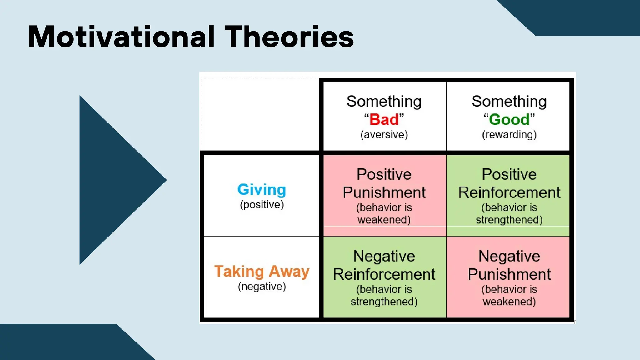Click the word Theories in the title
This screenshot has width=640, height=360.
(289, 37)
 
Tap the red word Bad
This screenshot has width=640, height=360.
(384, 120)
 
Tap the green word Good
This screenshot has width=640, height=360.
(509, 120)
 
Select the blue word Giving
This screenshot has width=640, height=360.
(262, 190)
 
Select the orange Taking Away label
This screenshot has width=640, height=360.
(262, 271)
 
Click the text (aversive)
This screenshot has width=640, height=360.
(384, 135)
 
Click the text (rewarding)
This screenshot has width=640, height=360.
(509, 135)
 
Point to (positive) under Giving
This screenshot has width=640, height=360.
(262, 205)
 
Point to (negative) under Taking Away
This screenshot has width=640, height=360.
(262, 287)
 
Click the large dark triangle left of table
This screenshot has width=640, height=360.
(112, 180)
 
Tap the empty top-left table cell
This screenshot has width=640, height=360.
(260, 114)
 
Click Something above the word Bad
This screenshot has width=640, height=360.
(384, 102)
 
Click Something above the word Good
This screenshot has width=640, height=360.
(509, 102)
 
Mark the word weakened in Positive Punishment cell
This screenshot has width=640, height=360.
(384, 220)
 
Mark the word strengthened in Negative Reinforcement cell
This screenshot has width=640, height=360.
(384, 302)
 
